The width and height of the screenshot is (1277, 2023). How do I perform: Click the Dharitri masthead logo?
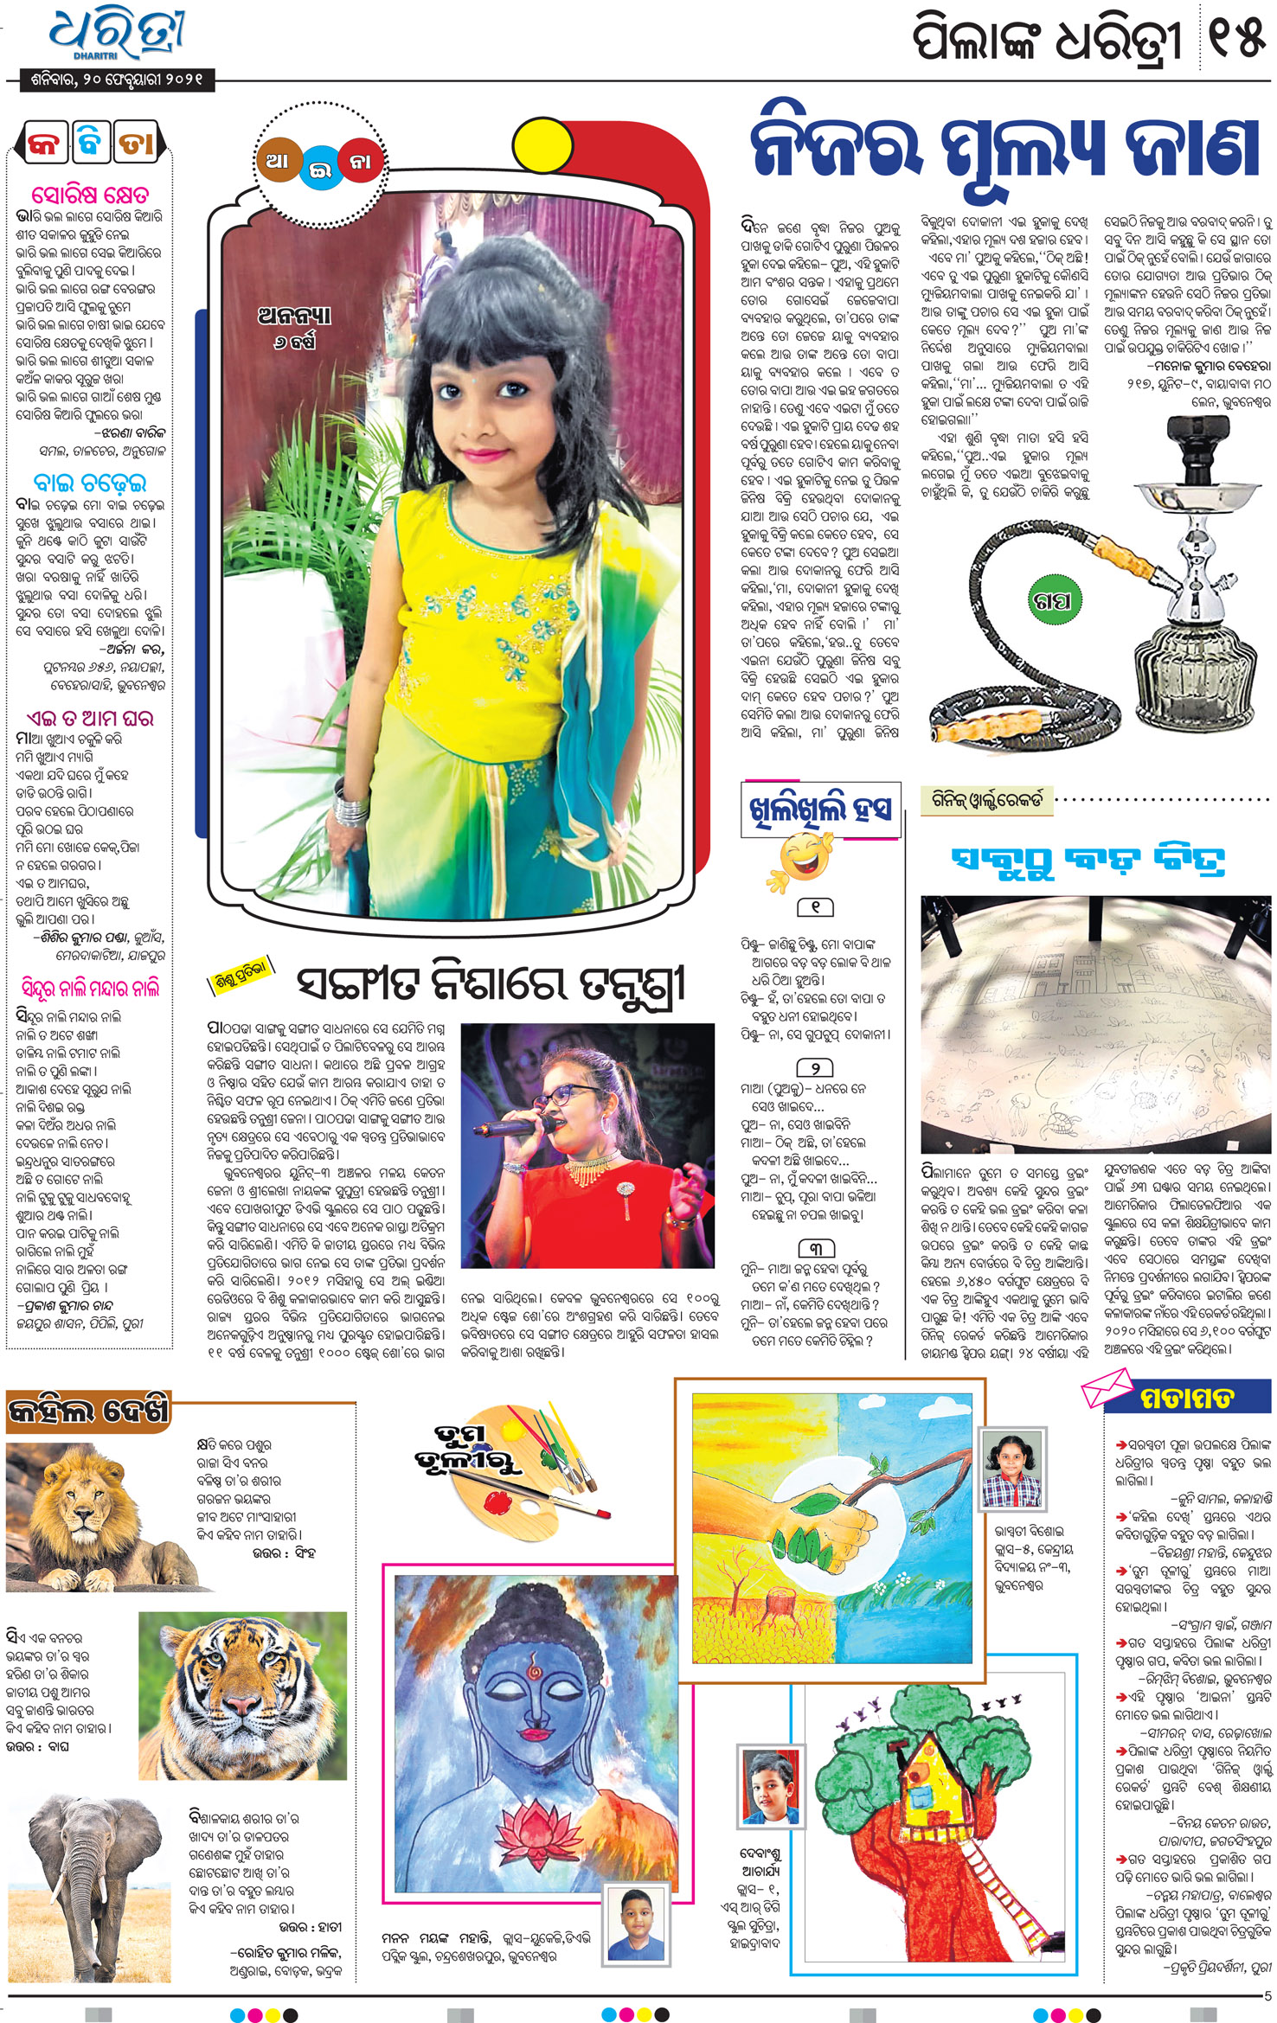click(117, 35)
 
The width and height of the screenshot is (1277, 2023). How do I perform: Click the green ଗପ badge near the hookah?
click(1052, 600)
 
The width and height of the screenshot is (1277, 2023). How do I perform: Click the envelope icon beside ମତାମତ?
click(1107, 1388)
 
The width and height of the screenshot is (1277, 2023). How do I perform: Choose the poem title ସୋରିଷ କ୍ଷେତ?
click(90, 193)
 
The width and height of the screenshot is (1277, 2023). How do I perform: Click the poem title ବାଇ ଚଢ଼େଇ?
click(90, 481)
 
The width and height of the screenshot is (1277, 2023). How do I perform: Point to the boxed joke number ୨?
click(814, 1067)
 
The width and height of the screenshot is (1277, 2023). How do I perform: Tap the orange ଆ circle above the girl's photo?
click(278, 161)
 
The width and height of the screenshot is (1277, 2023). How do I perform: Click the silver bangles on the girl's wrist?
click(351, 810)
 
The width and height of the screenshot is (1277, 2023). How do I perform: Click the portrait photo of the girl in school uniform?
click(1011, 1469)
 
